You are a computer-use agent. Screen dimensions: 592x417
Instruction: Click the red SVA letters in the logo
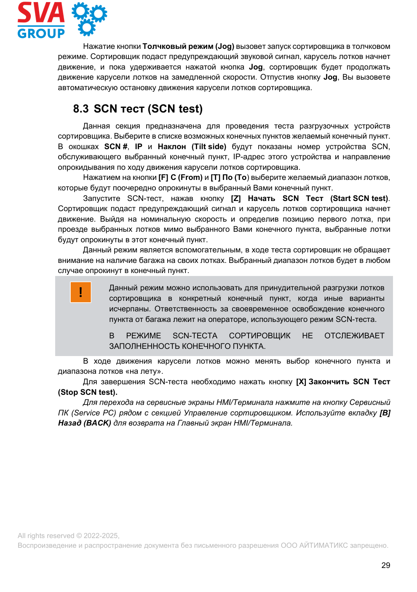click(x=41, y=13)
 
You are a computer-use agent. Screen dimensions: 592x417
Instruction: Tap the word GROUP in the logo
click(x=41, y=33)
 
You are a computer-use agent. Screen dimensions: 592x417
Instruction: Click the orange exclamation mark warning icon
click(x=80, y=292)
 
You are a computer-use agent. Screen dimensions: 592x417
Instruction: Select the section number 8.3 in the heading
click(x=80, y=109)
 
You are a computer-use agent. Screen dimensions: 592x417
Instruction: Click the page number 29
click(x=385, y=565)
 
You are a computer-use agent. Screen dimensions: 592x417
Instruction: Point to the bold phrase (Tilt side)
click(x=209, y=147)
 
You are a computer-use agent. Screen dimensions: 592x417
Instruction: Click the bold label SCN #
click(x=116, y=147)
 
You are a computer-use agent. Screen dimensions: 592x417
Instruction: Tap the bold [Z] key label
click(x=236, y=198)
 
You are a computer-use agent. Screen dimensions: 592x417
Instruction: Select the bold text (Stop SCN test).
click(x=88, y=392)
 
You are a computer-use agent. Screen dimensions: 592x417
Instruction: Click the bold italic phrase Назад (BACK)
click(x=85, y=423)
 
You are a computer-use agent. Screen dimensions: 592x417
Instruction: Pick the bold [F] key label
click(x=163, y=178)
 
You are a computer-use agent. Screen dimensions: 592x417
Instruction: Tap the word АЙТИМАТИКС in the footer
click(x=323, y=546)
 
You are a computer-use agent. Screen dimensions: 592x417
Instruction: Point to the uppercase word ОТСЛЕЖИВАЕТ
click(x=354, y=336)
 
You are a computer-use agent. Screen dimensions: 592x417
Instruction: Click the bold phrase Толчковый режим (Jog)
click(x=188, y=46)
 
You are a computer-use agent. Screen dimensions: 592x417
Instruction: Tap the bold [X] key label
click(x=301, y=382)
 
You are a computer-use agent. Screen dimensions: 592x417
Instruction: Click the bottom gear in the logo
click(x=87, y=27)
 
